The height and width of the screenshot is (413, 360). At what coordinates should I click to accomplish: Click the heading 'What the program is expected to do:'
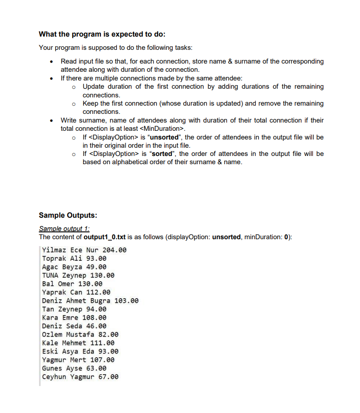pyautogui.click(x=102, y=34)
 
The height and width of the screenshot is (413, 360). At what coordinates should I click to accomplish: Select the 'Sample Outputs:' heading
pyautogui.click(x=68, y=215)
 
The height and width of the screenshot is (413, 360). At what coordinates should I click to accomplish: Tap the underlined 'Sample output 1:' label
pyautogui.click(x=64, y=228)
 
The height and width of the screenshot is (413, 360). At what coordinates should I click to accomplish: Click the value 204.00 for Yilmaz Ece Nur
pyautogui.click(x=114, y=250)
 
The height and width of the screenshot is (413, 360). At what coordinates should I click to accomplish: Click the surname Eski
pyautogui.click(x=50, y=352)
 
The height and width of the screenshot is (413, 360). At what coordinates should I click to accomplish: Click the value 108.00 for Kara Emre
pyautogui.click(x=94, y=318)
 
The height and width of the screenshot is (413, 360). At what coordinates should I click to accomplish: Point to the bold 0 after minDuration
pyautogui.click(x=287, y=236)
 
